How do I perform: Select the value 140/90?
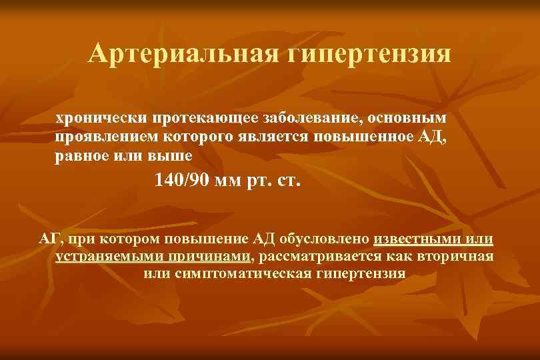181,181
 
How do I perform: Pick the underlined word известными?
419,239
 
